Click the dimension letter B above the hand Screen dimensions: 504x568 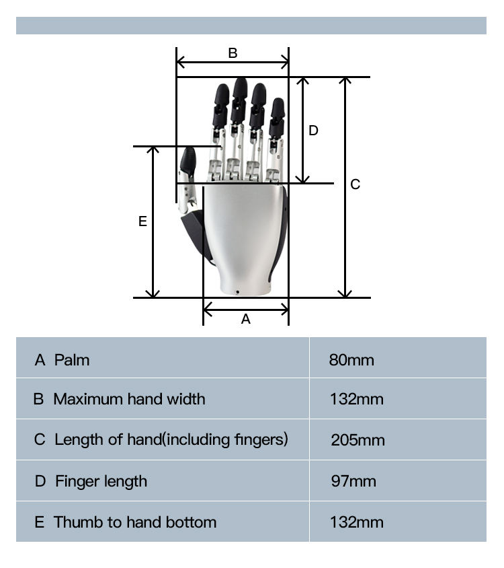[x=233, y=53]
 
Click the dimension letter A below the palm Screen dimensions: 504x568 [x=245, y=319]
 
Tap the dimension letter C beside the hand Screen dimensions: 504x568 [x=355, y=184]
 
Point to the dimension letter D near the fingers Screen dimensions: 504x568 [x=313, y=131]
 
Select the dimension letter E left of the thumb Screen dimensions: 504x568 [x=142, y=221]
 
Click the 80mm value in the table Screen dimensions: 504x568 [x=351, y=360]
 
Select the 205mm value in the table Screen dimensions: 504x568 [x=358, y=440]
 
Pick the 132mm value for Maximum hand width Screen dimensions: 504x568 [x=357, y=399]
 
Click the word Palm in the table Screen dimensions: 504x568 [x=72, y=360]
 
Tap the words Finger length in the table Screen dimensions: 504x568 [x=101, y=481]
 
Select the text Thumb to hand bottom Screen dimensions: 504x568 [x=135, y=522]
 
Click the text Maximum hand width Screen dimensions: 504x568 [x=129, y=399]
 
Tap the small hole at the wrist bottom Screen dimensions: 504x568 [x=238, y=292]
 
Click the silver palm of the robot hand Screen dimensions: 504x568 [x=242, y=229]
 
